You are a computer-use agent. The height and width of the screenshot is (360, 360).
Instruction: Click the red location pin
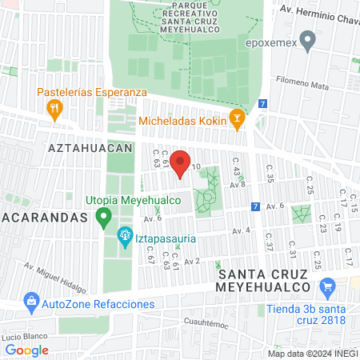(x=181, y=160)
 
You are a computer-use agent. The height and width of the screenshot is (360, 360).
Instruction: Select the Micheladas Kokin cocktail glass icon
(x=236, y=121)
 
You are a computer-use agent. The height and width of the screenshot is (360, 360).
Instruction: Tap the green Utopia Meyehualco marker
(x=102, y=216)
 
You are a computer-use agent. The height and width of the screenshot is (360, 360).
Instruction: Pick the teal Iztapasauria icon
(x=124, y=235)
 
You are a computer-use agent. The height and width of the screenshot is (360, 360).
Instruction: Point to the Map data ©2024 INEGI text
(x=311, y=354)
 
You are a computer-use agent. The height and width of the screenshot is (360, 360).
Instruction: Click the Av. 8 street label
(x=238, y=184)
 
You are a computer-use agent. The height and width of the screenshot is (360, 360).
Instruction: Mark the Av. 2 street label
(x=191, y=261)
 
